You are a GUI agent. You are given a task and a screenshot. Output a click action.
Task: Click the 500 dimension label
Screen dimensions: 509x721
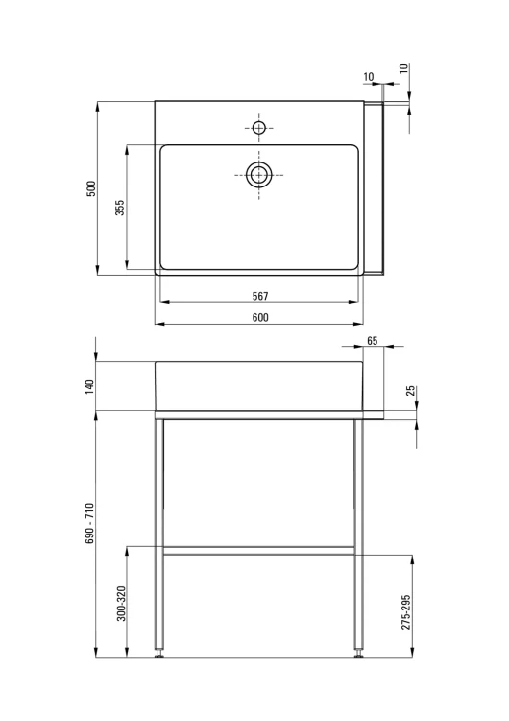(92, 189)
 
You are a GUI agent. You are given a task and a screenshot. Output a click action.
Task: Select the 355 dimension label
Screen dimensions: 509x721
(119, 208)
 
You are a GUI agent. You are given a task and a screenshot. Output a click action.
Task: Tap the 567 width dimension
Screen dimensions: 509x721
(260, 297)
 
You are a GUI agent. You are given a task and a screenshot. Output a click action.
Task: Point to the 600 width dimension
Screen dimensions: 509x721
(260, 318)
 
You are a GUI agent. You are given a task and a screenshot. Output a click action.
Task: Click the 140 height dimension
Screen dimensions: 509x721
(89, 386)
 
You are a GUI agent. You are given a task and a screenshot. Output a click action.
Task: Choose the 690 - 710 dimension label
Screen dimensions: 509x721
(89, 524)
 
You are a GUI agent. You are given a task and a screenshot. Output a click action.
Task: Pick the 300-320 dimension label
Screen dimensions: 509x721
(121, 604)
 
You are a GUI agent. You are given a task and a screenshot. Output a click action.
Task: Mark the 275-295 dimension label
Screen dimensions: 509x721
(405, 612)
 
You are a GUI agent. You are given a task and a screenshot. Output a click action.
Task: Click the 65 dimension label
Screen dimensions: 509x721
(373, 341)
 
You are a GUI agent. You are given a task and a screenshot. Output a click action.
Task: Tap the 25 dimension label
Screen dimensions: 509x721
(411, 391)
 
